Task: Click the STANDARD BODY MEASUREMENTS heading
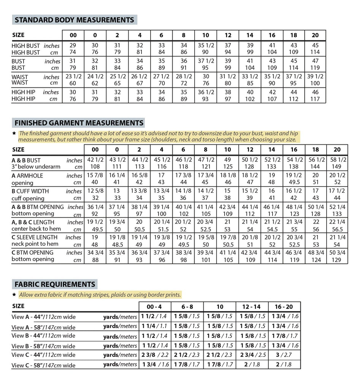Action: tap(74, 20)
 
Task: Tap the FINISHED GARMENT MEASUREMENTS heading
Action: tap(79, 123)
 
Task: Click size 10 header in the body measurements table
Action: tap(206, 35)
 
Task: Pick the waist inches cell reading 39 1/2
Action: tap(315, 77)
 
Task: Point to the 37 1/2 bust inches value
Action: tap(206, 61)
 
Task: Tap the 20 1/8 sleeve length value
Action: tap(250, 237)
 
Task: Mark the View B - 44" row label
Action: tap(43, 336)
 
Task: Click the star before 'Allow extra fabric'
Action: tap(14, 294)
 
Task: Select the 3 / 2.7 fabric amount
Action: tap(285, 355)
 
